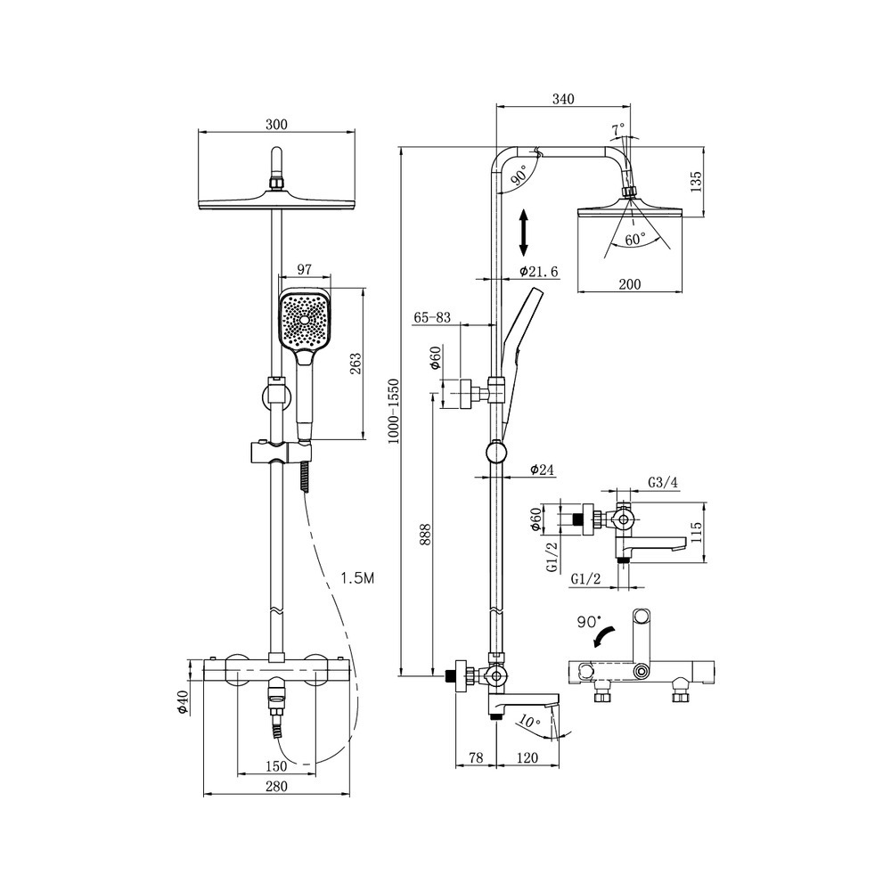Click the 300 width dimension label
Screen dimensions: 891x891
pos(277,124)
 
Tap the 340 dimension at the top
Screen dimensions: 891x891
pos(563,99)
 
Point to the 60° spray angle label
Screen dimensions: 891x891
pos(635,239)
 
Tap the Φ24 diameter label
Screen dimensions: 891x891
pos(542,470)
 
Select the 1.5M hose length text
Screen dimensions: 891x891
pos(357,578)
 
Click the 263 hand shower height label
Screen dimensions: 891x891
pos(356,364)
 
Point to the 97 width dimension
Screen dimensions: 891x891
pos(305,269)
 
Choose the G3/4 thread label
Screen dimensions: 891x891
pos(663,482)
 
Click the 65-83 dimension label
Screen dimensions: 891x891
pos(432,317)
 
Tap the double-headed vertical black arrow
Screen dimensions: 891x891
pos(524,233)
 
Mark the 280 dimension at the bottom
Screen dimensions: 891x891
pos(277,787)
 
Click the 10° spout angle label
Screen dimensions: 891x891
pos(529,722)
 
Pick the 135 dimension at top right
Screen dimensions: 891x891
pos(697,181)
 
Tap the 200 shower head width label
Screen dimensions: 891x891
pos(630,284)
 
